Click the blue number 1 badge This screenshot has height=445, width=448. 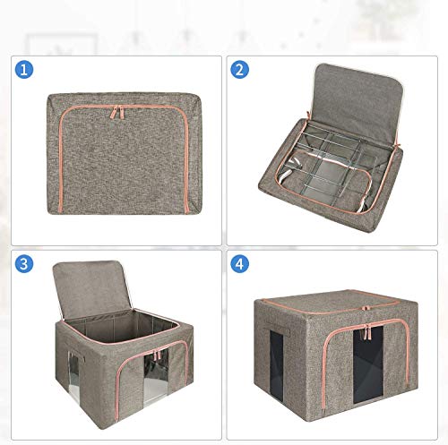[x=24, y=70]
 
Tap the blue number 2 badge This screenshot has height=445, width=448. [x=239, y=70]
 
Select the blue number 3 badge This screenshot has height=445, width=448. [x=24, y=264]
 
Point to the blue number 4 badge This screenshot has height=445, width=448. [x=239, y=264]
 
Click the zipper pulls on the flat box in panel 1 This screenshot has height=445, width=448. [x=118, y=112]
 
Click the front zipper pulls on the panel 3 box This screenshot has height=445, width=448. [x=156, y=355]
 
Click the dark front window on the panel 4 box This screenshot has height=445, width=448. [x=368, y=364]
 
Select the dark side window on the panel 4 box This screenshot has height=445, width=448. [x=277, y=365]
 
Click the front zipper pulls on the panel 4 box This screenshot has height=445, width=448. [x=367, y=332]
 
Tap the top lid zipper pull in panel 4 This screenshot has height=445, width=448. [x=366, y=308]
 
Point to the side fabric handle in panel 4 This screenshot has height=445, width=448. [x=277, y=329]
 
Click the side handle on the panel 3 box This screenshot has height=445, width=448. [x=74, y=352]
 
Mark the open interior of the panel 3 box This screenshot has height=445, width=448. [x=119, y=324]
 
